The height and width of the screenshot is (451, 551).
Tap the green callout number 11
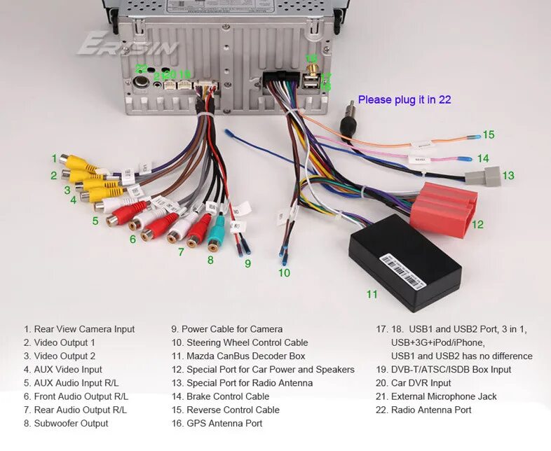pyautogui.click(x=372, y=294)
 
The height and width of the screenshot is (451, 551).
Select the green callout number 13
pyautogui.click(x=508, y=175)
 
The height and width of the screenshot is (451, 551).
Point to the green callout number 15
pyautogui.click(x=489, y=134)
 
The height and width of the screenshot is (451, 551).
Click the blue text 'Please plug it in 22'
pyautogui.click(x=404, y=99)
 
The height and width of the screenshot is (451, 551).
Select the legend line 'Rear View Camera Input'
pyautogui.click(x=79, y=329)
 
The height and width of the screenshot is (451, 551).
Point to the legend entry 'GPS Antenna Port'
pyautogui.click(x=217, y=423)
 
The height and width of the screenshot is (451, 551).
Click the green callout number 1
pyautogui.click(x=53, y=159)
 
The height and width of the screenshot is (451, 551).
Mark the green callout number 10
pyautogui.click(x=284, y=273)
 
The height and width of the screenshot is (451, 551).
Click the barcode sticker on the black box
pyautogui.click(x=403, y=271)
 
